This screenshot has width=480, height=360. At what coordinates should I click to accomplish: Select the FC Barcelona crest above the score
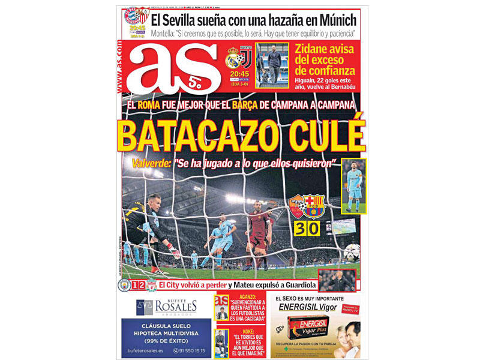pyautogui.click(x=313, y=206)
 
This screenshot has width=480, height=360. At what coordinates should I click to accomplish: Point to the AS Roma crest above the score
pyautogui.click(x=297, y=206)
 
